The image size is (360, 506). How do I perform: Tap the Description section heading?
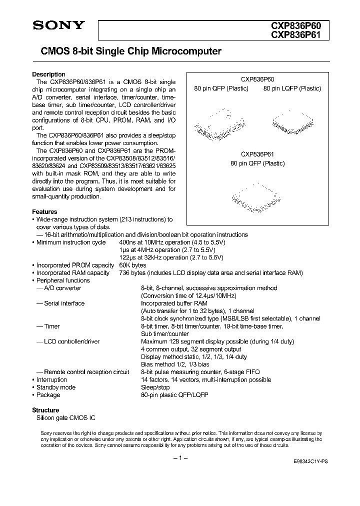point(48,74)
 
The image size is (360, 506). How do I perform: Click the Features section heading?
point(44,212)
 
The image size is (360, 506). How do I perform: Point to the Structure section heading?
point(45,410)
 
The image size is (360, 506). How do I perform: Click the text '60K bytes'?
point(133,265)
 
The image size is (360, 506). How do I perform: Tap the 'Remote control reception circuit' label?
point(86,372)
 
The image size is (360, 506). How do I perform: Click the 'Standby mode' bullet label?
point(55,387)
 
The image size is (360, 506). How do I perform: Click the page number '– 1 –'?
point(180,458)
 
